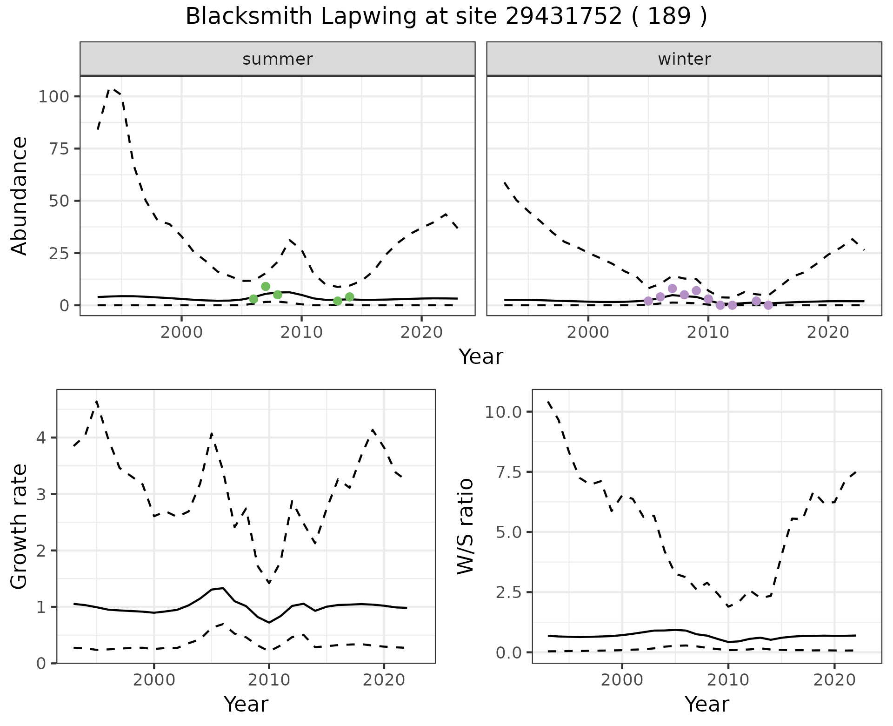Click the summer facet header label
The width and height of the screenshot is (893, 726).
click(x=277, y=59)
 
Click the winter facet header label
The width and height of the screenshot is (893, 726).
click(x=684, y=59)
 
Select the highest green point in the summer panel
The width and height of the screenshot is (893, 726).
click(x=266, y=286)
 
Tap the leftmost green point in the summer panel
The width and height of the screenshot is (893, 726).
click(x=253, y=299)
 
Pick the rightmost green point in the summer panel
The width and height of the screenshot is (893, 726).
click(x=350, y=297)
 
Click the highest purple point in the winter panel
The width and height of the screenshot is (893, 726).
click(x=672, y=289)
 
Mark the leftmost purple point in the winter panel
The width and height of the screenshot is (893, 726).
click(x=648, y=301)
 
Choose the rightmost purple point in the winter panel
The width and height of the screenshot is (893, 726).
click(x=768, y=305)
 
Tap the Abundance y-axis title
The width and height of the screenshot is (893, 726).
click(x=20, y=195)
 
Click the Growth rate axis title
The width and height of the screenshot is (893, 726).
click(x=20, y=526)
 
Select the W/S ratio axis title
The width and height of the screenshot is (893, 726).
click(x=465, y=526)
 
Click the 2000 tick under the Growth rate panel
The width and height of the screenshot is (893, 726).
click(x=153, y=680)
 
